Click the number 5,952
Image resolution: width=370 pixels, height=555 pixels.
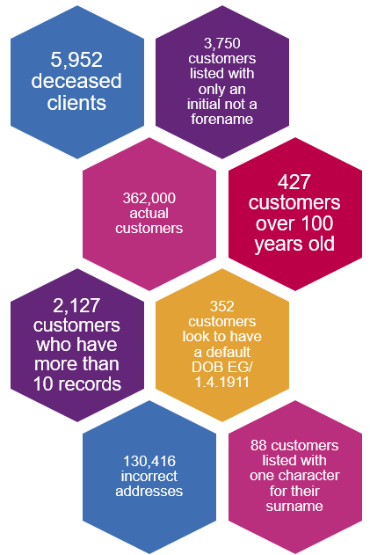coord(76,60)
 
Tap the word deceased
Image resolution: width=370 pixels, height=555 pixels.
coord(76,81)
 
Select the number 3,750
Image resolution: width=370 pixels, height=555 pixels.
coord(222,43)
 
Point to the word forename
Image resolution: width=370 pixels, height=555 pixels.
coord(222,119)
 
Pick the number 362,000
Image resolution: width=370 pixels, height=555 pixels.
coord(149,198)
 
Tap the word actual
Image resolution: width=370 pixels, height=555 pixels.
coord(149,213)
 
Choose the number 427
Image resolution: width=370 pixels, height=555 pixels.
coord(294,182)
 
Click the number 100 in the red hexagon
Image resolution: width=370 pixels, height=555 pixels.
coord(315,223)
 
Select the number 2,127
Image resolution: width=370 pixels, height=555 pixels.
coord(76,305)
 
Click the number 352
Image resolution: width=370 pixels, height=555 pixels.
coord(222,306)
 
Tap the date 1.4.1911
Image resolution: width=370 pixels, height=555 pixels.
coord(222,382)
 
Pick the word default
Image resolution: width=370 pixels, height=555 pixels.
coord(229,352)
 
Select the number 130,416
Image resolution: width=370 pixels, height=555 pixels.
coord(149,461)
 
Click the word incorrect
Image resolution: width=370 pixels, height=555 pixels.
coord(149,476)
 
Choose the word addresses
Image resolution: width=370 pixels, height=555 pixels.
coord(149,492)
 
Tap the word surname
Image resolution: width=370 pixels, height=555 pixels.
coord(294,507)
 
